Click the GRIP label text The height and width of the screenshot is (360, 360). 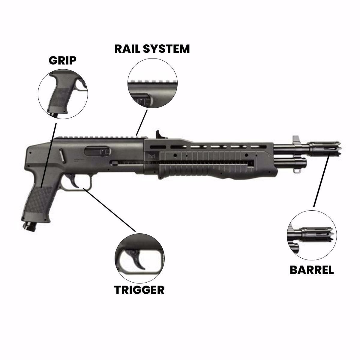tap(62, 60)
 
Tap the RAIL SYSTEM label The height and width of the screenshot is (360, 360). tap(152, 49)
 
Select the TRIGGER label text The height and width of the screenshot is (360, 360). tap(139, 290)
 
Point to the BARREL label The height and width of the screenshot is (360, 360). tap(311, 270)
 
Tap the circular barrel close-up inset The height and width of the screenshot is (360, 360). tap(312, 235)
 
